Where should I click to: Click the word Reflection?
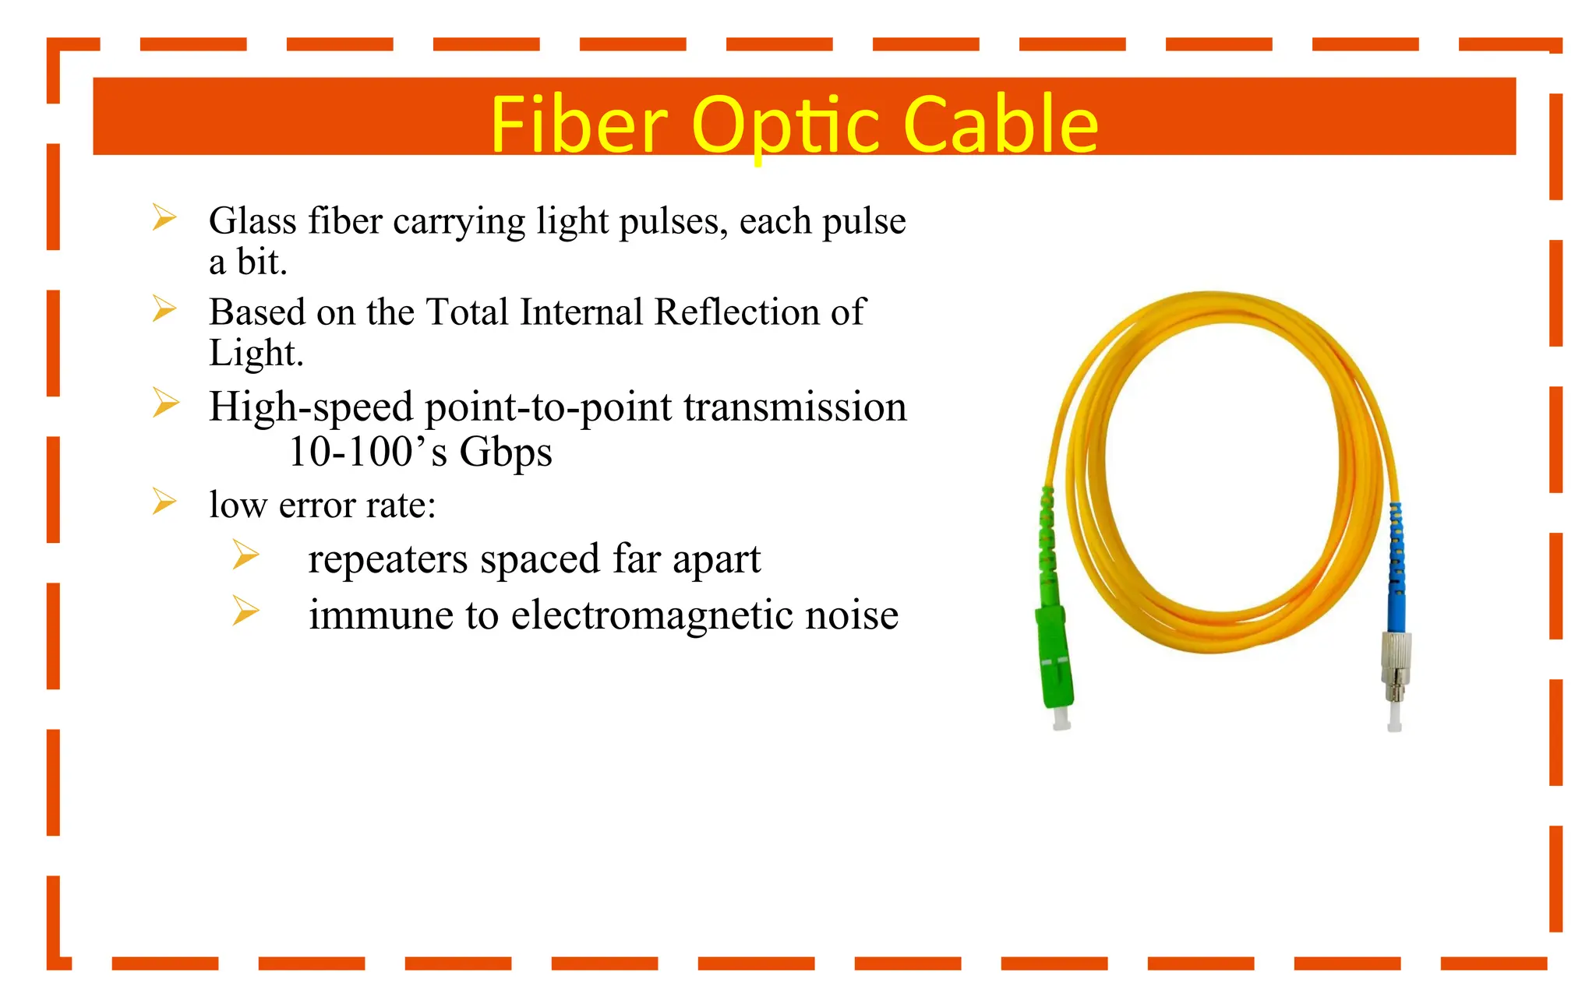tap(736, 312)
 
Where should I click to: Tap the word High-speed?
tap(311, 407)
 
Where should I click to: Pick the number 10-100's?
tap(367, 452)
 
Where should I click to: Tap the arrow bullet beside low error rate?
tap(164, 502)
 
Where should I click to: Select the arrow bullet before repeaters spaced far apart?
tap(245, 555)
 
